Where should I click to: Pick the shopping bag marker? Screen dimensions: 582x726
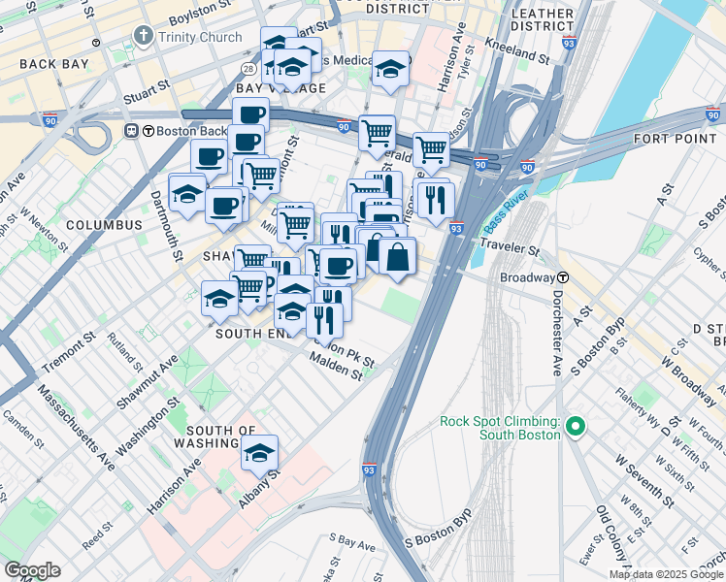[398, 257]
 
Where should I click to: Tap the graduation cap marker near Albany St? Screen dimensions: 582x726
[259, 453]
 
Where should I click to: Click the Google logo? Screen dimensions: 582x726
[32, 570]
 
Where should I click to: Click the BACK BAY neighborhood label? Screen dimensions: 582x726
[53, 64]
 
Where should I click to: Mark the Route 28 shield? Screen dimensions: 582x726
[248, 70]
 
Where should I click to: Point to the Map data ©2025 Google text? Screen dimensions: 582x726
[665, 574]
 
